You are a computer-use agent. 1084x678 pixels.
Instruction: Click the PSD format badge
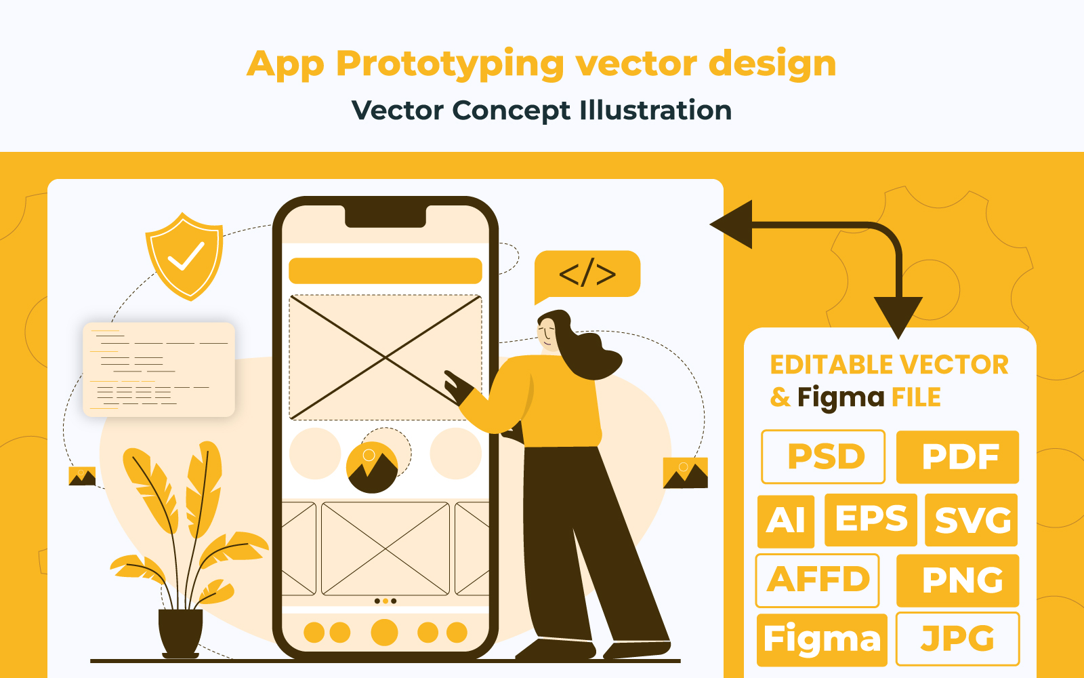[822, 456]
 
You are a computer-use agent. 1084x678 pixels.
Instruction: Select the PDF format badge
[958, 456]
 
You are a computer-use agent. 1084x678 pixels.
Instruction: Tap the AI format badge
[786, 521]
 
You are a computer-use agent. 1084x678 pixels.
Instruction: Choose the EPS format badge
[871, 519]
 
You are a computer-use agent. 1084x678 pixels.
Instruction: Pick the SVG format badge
[972, 519]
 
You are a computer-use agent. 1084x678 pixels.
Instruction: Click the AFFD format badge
[817, 580]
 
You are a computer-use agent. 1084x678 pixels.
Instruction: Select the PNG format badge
[958, 580]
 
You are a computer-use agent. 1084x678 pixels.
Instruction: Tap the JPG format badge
[958, 639]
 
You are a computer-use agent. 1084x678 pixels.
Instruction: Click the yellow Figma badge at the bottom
[822, 640]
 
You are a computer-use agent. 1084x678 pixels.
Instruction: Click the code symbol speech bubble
[587, 275]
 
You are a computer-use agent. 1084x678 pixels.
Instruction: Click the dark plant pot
[180, 633]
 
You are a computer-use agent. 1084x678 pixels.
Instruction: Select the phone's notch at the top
[385, 216]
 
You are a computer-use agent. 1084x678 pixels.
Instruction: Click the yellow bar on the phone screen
[385, 271]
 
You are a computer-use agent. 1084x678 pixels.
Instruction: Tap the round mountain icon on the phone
[372, 468]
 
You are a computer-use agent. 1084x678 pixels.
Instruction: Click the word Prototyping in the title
[450, 64]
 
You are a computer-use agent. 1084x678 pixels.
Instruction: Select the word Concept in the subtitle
[512, 111]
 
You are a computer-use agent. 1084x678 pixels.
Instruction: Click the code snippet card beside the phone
[159, 370]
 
